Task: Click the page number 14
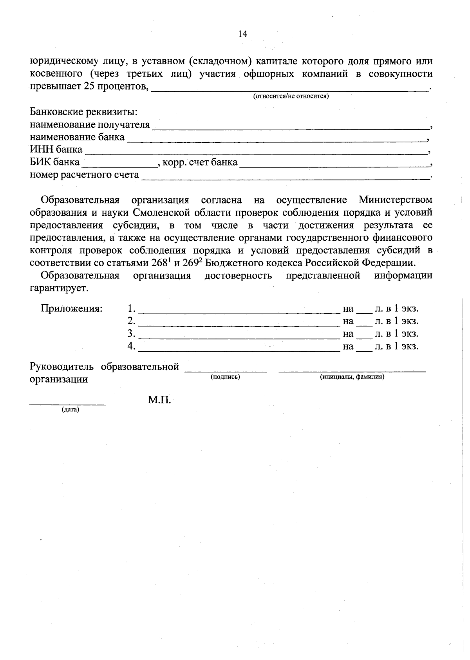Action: click(242, 34)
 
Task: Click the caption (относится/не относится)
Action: click(291, 96)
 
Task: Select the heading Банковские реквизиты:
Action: click(84, 112)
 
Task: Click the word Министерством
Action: click(395, 200)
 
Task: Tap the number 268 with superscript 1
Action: click(160, 262)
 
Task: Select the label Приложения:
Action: click(72, 309)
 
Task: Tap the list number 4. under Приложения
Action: click(131, 346)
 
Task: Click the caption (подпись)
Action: click(225, 377)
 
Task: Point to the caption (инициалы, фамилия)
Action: click(352, 377)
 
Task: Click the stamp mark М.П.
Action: click(159, 400)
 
